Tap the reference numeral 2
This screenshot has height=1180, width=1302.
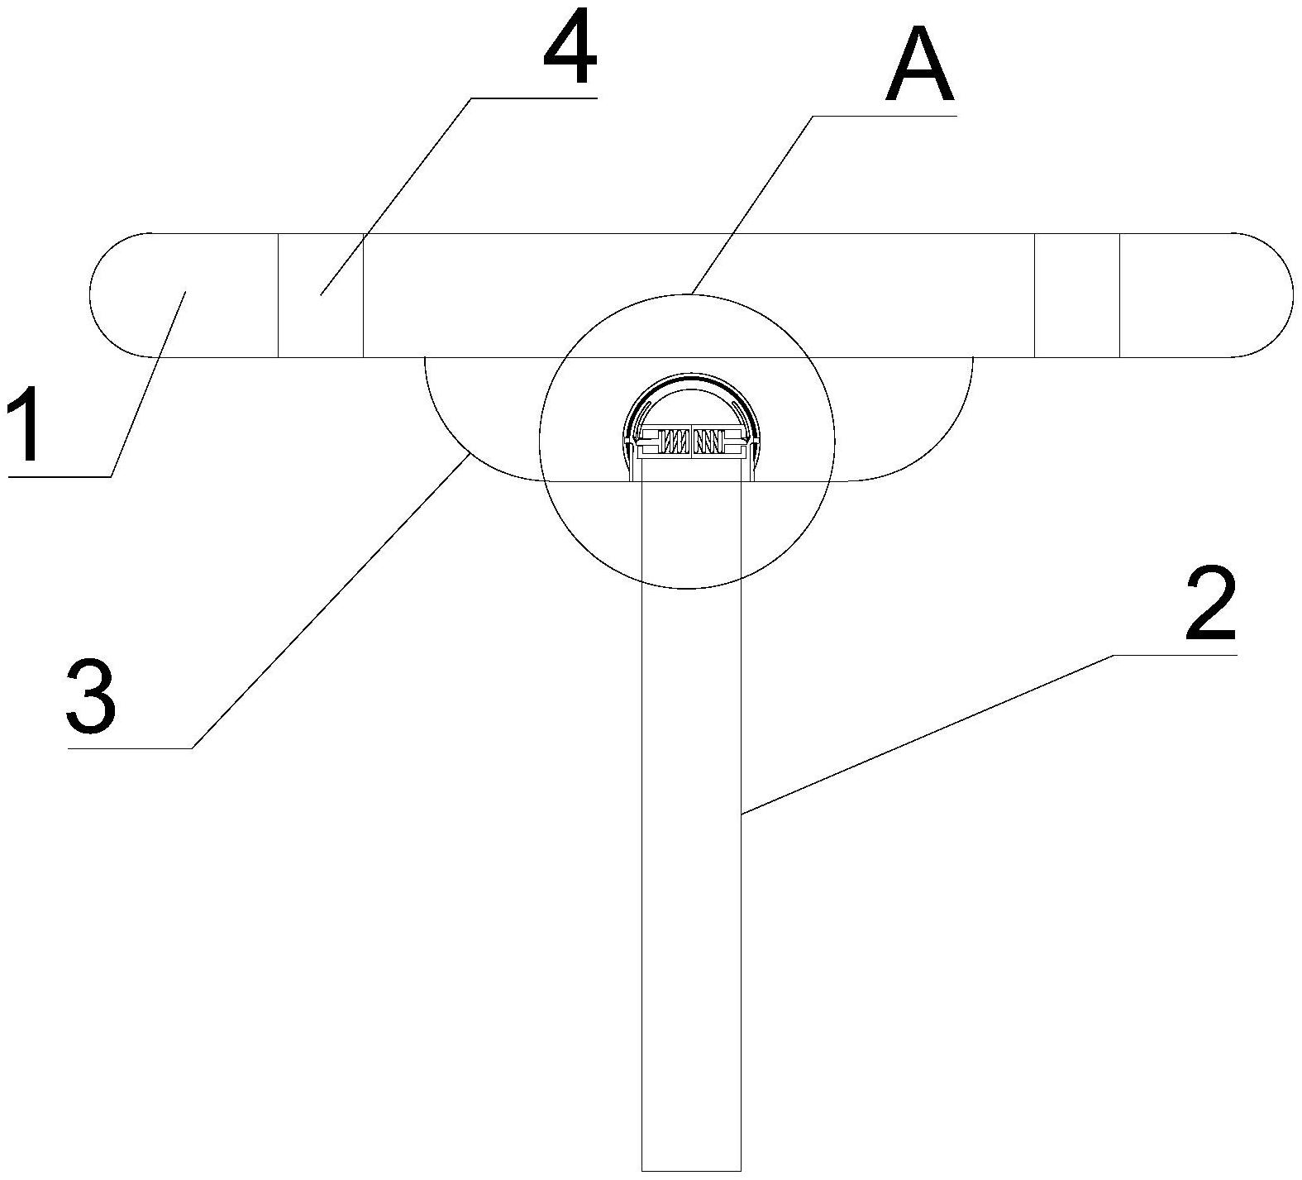(1210, 605)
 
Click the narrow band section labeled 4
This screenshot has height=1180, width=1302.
(321, 295)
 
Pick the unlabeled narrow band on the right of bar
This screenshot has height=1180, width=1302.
(1077, 295)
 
